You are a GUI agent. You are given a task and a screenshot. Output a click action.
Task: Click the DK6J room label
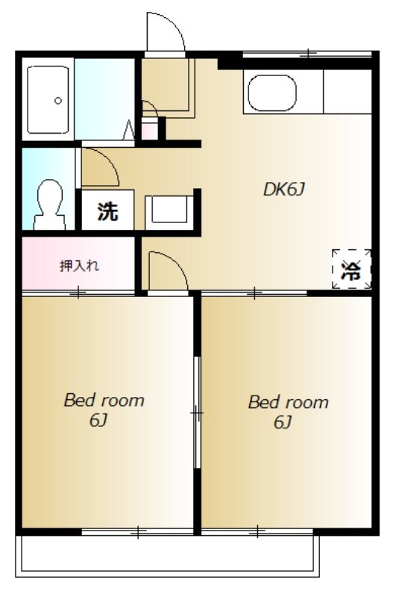coord(284,190)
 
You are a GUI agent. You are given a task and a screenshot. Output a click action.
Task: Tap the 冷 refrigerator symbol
coord(351,269)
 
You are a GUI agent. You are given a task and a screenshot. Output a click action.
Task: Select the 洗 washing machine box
coord(108,210)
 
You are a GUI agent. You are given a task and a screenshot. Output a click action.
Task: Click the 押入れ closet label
coord(80,266)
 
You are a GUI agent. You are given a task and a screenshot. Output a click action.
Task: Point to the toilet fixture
coord(49,204)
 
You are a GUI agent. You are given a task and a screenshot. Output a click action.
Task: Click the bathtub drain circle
coord(58,101)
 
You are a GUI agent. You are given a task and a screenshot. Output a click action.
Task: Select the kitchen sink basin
coord(272,93)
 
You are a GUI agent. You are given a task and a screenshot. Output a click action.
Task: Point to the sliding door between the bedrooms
coord(197,413)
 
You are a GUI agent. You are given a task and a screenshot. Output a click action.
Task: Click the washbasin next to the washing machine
coord(169,210)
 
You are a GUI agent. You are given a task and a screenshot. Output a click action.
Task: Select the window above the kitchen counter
coord(307,54)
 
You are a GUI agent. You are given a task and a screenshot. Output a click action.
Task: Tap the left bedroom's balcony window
coord(138,531)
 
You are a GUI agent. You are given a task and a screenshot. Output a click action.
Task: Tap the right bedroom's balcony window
coord(257,531)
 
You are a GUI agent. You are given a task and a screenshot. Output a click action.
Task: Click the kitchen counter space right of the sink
coord(348,91)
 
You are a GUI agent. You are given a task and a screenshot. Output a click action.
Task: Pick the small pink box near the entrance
coord(150,128)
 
